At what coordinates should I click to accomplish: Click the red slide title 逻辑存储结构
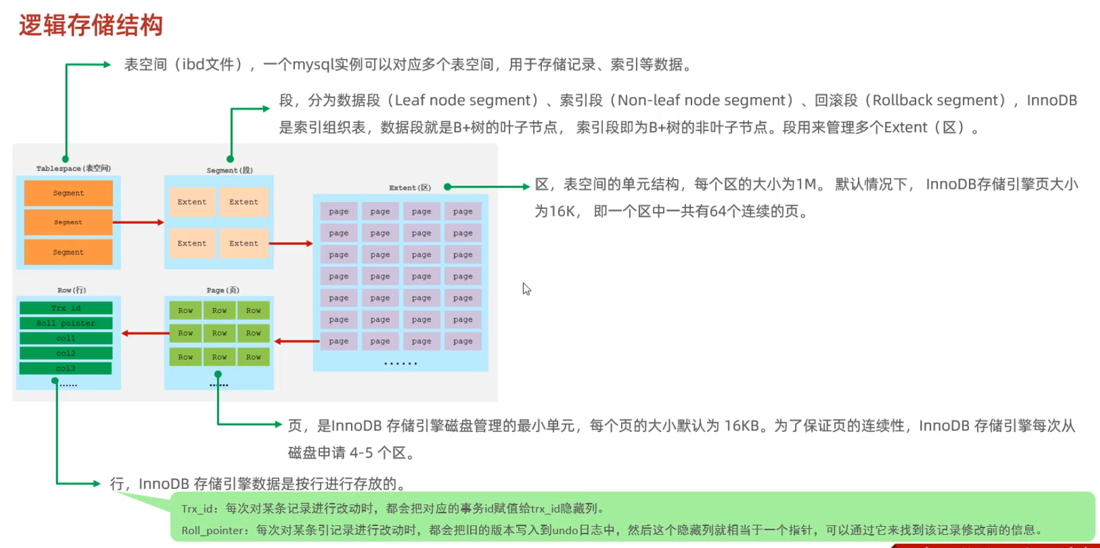click(x=91, y=26)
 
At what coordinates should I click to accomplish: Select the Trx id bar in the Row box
click(x=66, y=308)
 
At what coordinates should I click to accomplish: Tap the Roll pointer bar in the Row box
click(x=66, y=323)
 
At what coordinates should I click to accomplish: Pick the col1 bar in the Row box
click(x=66, y=338)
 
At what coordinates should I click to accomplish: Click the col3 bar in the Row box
click(x=66, y=368)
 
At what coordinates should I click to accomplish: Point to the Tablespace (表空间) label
click(x=74, y=168)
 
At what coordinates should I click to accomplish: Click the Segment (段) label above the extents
click(x=229, y=170)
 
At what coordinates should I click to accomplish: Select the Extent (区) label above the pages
click(x=410, y=188)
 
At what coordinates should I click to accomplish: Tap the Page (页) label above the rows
click(x=223, y=290)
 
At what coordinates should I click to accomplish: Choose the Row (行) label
click(x=72, y=290)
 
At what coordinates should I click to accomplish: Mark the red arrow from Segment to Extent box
click(x=292, y=243)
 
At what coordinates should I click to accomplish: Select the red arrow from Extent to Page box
click(x=297, y=341)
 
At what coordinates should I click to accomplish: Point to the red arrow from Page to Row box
click(x=145, y=333)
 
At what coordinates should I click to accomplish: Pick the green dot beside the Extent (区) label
click(x=447, y=186)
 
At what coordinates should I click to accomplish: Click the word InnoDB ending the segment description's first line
click(x=1051, y=100)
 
